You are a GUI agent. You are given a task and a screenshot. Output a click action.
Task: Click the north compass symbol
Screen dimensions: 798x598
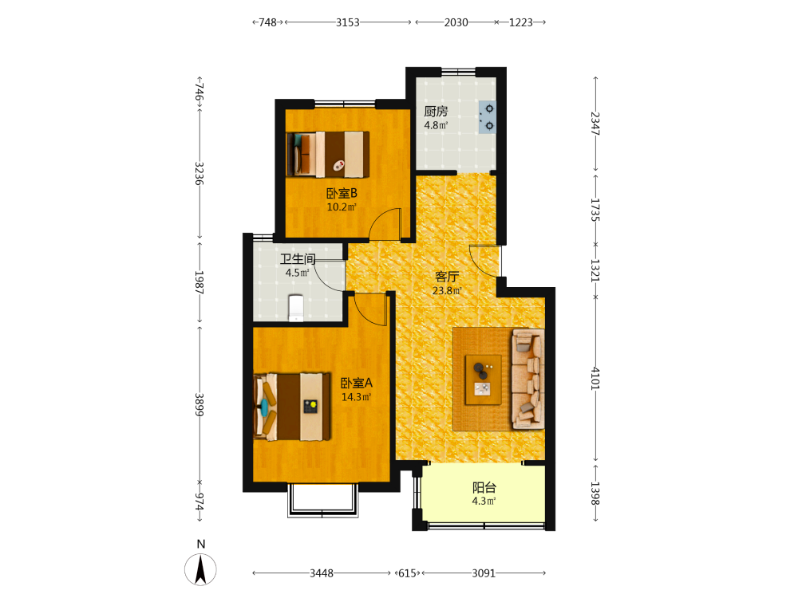(x=200, y=569)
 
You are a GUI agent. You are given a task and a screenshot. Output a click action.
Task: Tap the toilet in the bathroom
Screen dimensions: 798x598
(x=296, y=308)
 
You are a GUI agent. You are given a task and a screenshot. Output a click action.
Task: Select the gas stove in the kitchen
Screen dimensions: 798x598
(x=487, y=117)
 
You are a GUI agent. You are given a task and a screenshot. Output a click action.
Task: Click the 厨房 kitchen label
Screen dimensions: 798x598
(x=436, y=111)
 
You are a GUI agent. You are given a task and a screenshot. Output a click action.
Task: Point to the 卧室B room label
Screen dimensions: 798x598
(x=342, y=193)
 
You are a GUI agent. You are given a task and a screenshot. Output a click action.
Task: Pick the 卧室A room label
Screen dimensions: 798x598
(x=356, y=383)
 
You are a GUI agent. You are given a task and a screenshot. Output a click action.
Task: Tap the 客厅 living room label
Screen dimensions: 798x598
(x=447, y=277)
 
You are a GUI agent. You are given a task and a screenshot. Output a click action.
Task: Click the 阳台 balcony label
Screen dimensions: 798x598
(x=484, y=488)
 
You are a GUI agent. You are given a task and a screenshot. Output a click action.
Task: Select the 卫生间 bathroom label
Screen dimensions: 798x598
(x=298, y=259)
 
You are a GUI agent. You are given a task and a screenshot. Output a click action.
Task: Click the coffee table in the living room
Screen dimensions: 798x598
(x=484, y=380)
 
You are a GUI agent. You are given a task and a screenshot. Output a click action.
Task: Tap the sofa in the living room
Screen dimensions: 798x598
(x=527, y=379)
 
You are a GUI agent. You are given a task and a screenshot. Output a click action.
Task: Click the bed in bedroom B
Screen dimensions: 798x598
(x=328, y=155)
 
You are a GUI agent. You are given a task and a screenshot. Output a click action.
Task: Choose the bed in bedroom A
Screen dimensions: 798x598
(x=292, y=407)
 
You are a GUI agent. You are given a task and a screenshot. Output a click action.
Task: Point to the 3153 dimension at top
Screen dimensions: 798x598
(x=348, y=22)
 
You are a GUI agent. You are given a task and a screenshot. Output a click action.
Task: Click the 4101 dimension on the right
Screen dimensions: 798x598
(x=595, y=378)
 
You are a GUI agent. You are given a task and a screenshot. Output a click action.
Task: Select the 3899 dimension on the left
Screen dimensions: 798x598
(x=199, y=405)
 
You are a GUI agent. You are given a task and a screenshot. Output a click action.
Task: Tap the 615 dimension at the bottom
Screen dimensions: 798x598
(x=407, y=573)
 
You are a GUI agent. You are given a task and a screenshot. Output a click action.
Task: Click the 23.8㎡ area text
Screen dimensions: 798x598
(x=447, y=291)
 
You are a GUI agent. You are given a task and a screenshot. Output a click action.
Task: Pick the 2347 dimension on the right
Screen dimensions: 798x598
(x=595, y=123)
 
